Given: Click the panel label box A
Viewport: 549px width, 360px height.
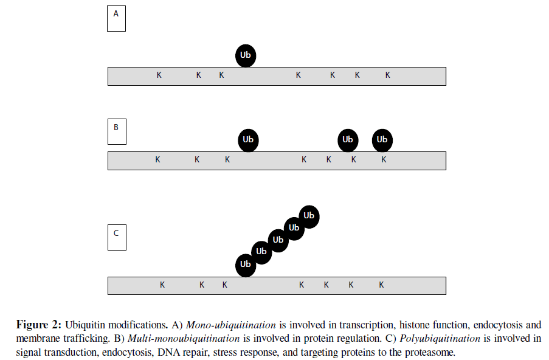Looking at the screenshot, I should (116, 19).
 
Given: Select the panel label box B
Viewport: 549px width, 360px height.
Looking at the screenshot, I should (116, 132).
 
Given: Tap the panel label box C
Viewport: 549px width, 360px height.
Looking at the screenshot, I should (116, 238).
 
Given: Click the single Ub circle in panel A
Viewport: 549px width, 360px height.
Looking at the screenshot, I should (246, 55).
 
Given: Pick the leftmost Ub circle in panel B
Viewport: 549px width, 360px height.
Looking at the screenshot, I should (248, 140).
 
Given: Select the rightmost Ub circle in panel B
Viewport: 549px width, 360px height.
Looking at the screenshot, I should (382, 140).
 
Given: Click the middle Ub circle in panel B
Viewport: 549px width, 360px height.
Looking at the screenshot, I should (347, 140).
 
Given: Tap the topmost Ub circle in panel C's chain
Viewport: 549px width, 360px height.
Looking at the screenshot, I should (309, 216).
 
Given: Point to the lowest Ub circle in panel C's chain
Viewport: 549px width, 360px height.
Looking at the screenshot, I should (246, 265).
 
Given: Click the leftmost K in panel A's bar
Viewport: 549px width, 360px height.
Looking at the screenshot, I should (159, 75).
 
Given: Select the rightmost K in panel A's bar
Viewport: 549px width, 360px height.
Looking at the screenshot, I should (387, 75).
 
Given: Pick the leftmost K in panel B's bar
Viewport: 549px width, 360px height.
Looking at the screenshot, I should (157, 160).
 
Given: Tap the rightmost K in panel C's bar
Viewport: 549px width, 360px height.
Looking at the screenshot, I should (382, 285).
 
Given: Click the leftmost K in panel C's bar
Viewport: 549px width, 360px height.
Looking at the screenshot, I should (162, 285).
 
